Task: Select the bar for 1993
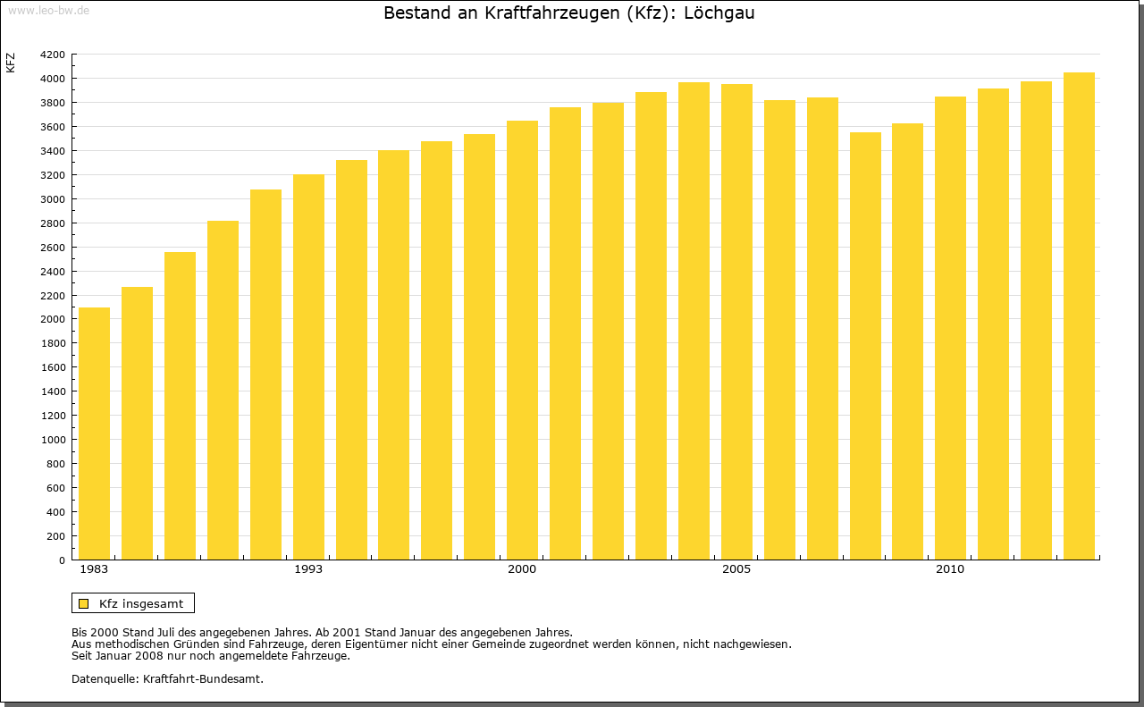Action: click(308, 366)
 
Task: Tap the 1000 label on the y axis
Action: click(54, 440)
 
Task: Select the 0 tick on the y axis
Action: click(60, 560)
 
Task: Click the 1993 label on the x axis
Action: click(308, 569)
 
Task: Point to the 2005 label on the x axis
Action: click(736, 569)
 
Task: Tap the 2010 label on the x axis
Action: click(950, 569)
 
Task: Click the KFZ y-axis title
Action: click(11, 63)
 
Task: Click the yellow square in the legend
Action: click(84, 604)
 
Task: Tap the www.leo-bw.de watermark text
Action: click(47, 9)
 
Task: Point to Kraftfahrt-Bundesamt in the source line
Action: click(203, 679)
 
